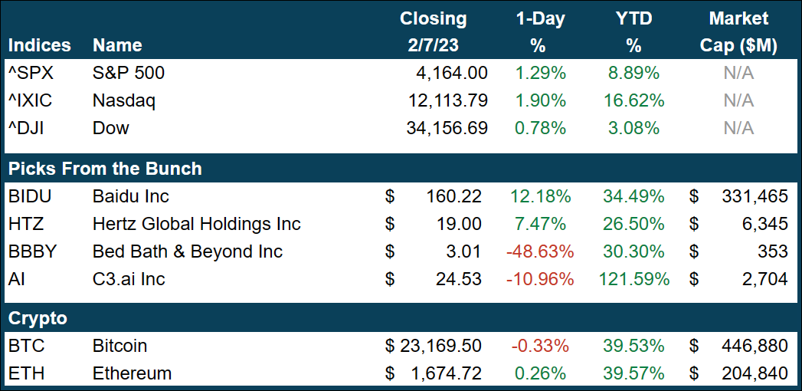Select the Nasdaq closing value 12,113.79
(447, 100)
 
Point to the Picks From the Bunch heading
(104, 168)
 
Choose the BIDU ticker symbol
(29, 196)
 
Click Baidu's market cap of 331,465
(755, 196)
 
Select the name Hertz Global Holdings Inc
(196, 224)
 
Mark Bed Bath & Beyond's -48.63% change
(540, 251)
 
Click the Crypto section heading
(38, 318)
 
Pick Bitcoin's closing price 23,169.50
(440, 346)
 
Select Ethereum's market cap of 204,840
(755, 373)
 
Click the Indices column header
(39, 45)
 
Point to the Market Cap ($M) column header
(738, 31)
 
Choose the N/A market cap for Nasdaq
(738, 100)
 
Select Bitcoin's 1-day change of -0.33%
(540, 346)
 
